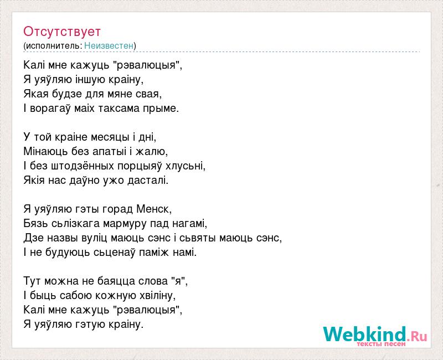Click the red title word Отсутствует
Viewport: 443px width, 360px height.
(62, 32)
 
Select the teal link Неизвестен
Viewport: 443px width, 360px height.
(109, 45)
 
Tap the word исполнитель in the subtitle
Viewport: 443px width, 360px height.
(53, 45)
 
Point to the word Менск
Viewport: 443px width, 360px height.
(154, 209)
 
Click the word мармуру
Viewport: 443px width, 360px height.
(125, 224)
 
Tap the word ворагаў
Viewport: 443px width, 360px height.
(50, 109)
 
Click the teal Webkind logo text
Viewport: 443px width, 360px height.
(364, 334)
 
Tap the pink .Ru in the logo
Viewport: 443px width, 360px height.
(417, 336)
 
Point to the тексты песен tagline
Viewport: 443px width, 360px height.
(381, 344)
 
